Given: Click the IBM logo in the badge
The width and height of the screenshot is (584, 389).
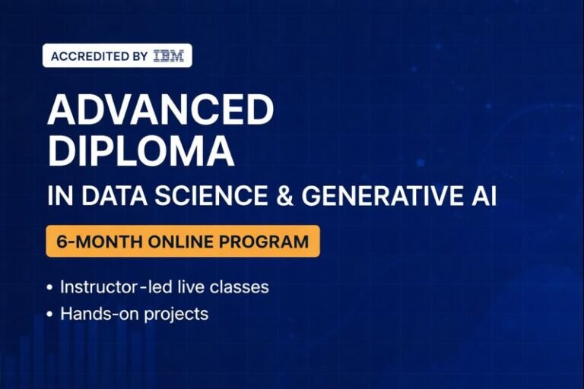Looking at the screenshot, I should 168,56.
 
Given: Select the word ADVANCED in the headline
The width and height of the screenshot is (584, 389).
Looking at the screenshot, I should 160,112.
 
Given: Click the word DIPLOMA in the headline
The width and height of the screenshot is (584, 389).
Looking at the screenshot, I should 141,152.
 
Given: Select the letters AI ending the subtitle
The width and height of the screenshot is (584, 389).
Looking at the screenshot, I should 482,195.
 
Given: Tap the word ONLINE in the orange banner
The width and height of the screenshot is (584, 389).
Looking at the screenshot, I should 176,242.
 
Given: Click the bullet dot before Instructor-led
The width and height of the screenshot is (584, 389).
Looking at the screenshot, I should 50,288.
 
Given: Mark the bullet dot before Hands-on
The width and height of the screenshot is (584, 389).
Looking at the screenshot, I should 50,313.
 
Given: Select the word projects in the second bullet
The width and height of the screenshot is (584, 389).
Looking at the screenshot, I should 179,313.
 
